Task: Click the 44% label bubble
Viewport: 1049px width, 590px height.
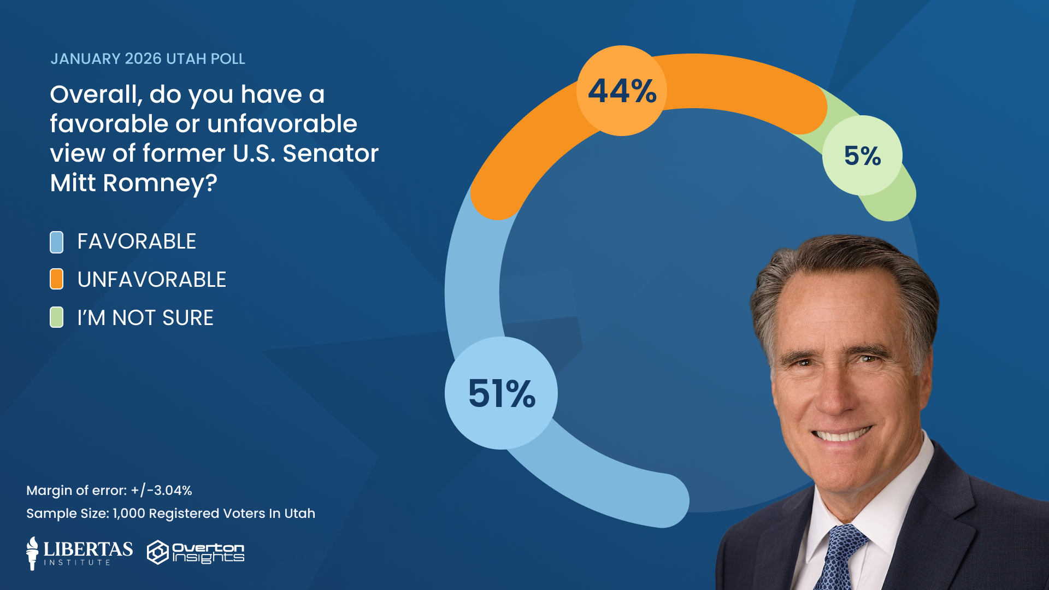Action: [x=622, y=91]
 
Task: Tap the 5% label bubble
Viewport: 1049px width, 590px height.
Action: [x=862, y=156]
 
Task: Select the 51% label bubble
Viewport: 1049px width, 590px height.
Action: [x=501, y=393]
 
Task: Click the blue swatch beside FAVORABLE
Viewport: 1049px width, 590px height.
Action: [x=56, y=242]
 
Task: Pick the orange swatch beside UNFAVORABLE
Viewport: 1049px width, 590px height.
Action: [x=56, y=279]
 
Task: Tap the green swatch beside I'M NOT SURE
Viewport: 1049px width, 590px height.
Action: [x=56, y=317]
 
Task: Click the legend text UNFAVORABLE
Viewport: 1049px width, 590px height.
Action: [x=151, y=280]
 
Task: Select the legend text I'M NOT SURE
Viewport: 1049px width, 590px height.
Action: [x=145, y=318]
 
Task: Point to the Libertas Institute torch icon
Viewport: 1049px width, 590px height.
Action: [x=33, y=553]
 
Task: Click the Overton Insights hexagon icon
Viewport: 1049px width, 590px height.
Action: [x=158, y=552]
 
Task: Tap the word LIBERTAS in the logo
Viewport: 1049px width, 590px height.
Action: [x=88, y=548]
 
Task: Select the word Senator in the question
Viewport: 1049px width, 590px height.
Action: [x=330, y=154]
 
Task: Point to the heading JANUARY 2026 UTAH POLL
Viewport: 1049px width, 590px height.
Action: [x=148, y=59]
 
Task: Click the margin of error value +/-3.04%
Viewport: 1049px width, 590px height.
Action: [x=162, y=491]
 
